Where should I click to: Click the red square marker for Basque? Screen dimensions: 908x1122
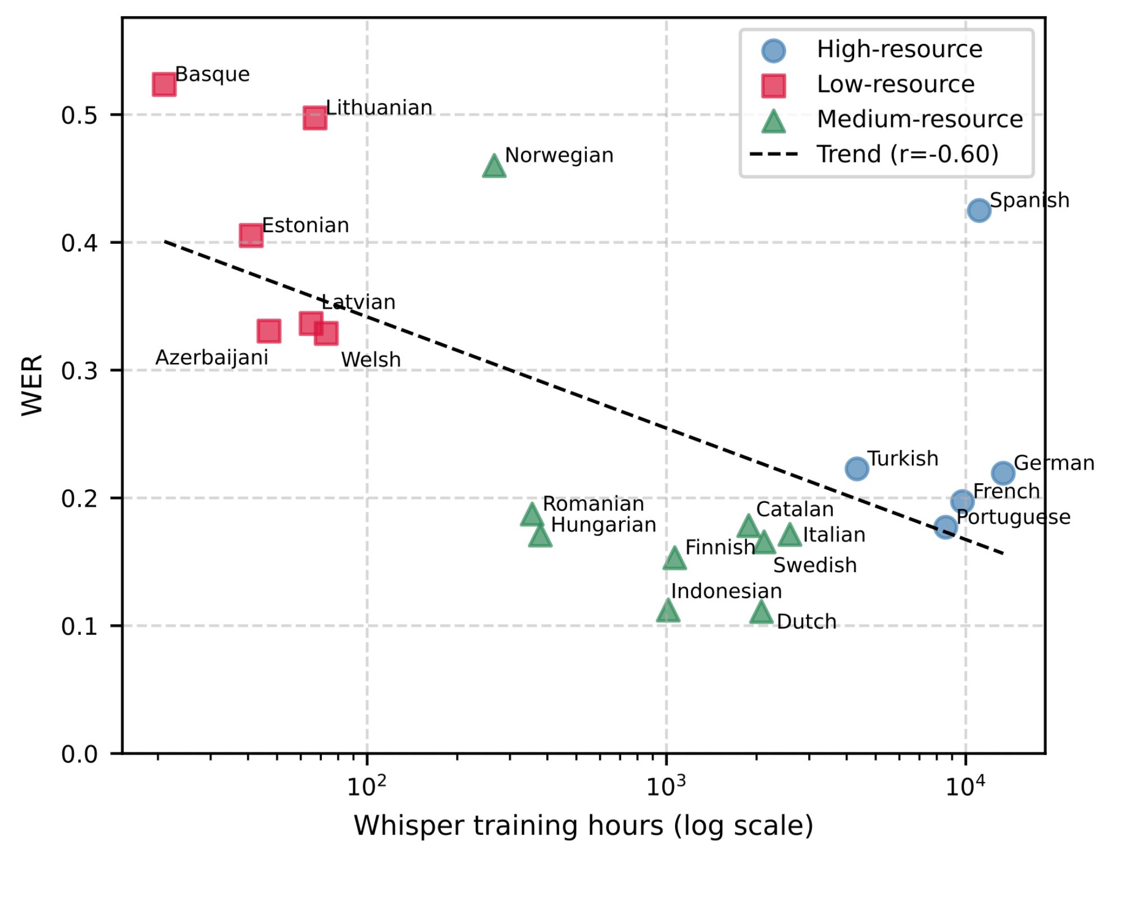tap(164, 84)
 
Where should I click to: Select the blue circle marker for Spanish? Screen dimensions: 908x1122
tap(979, 210)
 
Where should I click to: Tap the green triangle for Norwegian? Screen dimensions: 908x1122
tap(494, 167)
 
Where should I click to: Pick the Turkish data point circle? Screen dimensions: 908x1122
tap(856, 468)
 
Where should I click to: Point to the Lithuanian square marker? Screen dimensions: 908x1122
tap(315, 118)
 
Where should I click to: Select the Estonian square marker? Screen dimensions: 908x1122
tap(251, 235)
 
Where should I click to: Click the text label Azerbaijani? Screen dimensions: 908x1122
tap(212, 358)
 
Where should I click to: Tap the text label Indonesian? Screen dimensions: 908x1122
tap(726, 591)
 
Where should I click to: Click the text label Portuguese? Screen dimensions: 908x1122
tap(1013, 517)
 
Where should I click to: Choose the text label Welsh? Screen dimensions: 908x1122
tap(371, 360)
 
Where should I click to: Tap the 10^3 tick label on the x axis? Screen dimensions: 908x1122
tap(666, 787)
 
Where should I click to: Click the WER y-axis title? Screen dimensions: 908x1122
tap(32, 385)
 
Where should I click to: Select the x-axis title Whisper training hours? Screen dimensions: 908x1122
tap(583, 826)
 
